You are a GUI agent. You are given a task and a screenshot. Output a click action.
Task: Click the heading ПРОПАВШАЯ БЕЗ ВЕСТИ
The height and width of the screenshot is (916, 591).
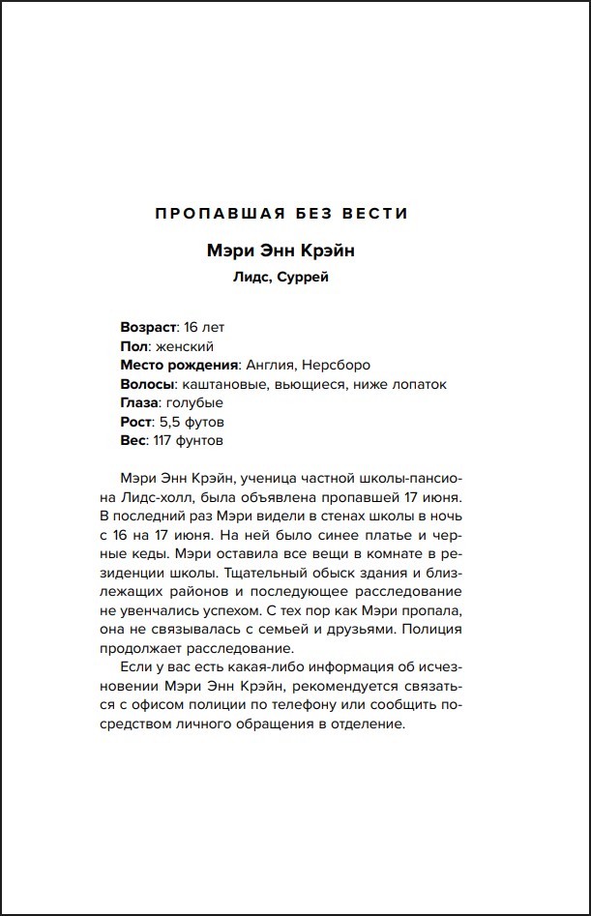tap(294, 213)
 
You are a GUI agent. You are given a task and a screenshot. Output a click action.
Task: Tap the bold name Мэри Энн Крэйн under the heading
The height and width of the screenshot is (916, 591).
tap(294, 251)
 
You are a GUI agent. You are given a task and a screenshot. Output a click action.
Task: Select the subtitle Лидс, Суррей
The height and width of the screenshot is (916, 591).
tap(294, 278)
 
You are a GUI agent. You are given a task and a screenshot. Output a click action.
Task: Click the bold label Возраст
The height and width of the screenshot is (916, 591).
tap(148, 327)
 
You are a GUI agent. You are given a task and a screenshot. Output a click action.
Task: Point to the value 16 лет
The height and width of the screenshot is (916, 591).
tap(203, 327)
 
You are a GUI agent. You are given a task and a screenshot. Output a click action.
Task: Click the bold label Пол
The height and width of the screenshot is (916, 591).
tap(133, 346)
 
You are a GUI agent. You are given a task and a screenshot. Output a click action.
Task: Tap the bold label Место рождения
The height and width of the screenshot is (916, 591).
tap(179, 365)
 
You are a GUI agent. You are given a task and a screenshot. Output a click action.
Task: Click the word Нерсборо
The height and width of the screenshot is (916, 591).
tap(336, 365)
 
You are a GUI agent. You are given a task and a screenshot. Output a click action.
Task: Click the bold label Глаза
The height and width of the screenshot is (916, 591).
tap(141, 402)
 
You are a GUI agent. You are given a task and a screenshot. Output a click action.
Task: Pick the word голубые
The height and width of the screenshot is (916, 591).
tap(195, 402)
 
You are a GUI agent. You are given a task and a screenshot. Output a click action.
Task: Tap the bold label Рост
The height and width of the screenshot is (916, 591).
tap(136, 422)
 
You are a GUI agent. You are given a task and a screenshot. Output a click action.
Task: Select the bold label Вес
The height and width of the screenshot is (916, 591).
tap(133, 440)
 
